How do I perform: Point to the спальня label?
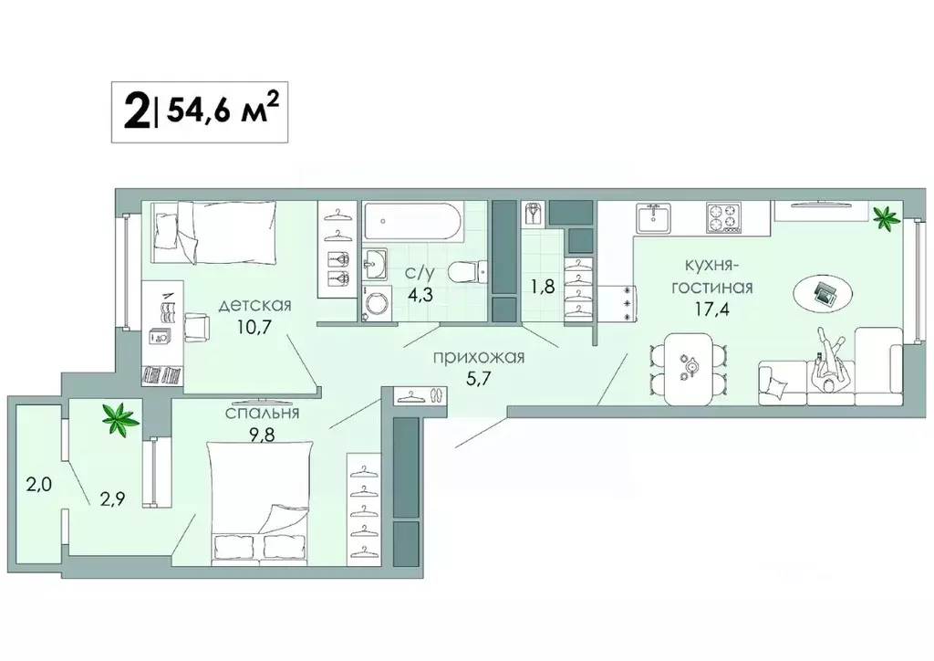(264, 414)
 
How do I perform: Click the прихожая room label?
(479, 357)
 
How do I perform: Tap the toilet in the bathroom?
(471, 271)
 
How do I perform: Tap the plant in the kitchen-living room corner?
(883, 216)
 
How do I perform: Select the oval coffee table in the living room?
(824, 293)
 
